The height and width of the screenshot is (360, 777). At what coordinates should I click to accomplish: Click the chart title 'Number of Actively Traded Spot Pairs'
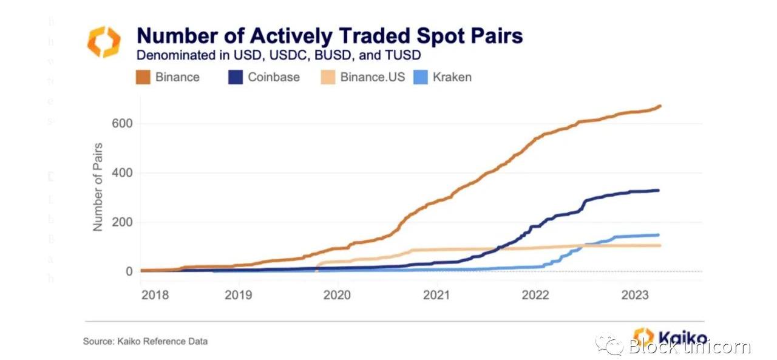tap(330, 36)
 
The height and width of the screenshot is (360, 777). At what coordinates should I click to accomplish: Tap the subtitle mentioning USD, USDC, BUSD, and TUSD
tap(279, 55)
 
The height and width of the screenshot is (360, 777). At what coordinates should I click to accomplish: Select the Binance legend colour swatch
tap(143, 77)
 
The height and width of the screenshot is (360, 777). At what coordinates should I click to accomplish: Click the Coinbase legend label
tap(274, 77)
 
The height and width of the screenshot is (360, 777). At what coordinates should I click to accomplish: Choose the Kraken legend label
tap(452, 77)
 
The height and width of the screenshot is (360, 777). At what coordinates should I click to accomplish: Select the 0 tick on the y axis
tap(129, 271)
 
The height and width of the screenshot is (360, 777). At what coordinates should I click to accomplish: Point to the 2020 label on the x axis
tap(337, 294)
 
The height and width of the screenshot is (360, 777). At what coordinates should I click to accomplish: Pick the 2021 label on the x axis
tap(436, 294)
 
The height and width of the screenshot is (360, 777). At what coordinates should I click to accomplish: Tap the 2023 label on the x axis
tap(635, 294)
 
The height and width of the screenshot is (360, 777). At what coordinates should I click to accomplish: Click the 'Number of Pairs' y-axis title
tap(98, 186)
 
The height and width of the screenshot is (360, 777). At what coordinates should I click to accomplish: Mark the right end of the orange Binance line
tap(660, 106)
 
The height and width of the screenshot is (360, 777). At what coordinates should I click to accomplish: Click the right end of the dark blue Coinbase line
tap(659, 191)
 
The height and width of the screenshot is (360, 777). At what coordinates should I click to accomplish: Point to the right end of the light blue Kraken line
tap(659, 235)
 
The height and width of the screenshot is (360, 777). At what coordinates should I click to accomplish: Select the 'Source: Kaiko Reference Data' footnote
tap(145, 341)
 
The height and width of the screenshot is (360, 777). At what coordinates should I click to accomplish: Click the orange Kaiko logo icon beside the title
tap(104, 42)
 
